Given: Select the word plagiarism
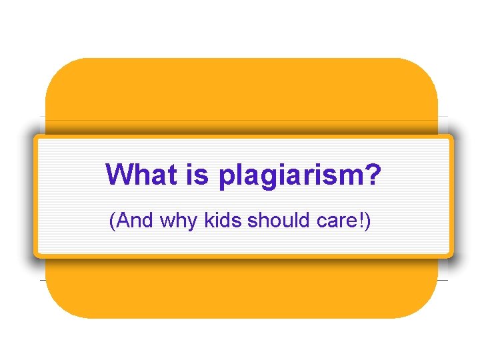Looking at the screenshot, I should coord(285,177).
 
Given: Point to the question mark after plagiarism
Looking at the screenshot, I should coord(373,175).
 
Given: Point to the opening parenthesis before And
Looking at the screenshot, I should coord(112,221).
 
